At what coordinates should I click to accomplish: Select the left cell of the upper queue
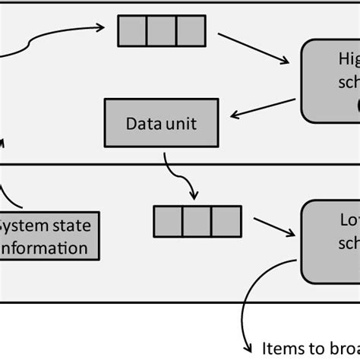pyautogui.click(x=132, y=30)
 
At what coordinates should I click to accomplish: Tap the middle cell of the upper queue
pyautogui.click(x=161, y=30)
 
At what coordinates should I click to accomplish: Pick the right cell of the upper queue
pyautogui.click(x=189, y=30)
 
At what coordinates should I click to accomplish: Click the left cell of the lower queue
pyautogui.click(x=169, y=219)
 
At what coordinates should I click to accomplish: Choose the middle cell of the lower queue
pyautogui.click(x=197, y=219)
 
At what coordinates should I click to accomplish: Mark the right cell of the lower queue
pyautogui.click(x=225, y=219)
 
